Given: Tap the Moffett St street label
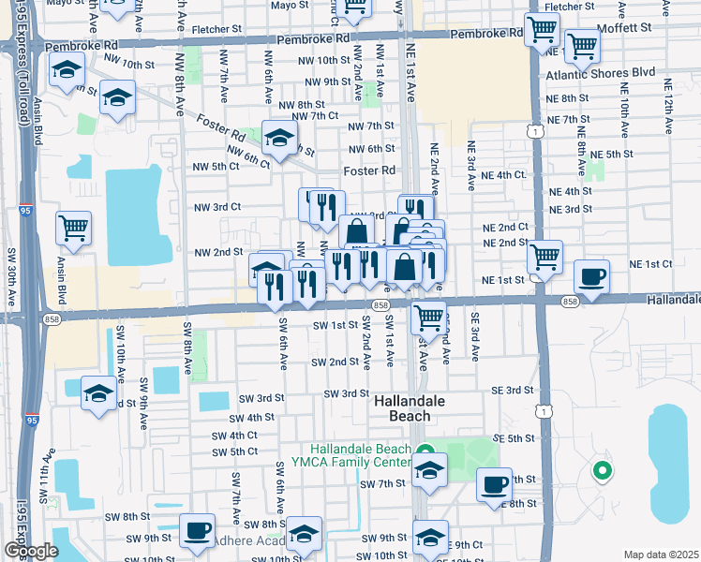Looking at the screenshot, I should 625,27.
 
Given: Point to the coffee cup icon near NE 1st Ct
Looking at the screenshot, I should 591,277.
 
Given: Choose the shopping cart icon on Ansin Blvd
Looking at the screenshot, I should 73,227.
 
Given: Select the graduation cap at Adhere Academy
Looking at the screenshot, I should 304,534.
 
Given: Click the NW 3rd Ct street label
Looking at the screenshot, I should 217,207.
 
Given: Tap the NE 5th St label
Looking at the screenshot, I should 613,154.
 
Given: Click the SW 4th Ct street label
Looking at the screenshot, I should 234,436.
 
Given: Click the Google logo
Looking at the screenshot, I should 30,551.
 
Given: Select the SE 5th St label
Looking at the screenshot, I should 514,438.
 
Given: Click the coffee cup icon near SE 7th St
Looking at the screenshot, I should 494,485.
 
